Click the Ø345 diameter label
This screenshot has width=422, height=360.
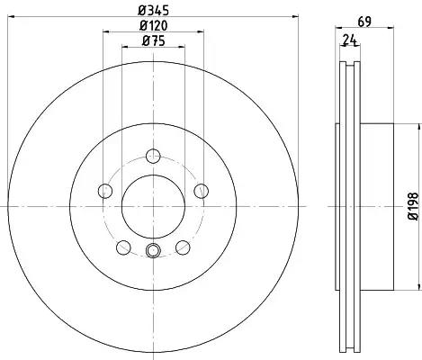click(x=153, y=11)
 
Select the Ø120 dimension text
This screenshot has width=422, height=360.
click(x=153, y=25)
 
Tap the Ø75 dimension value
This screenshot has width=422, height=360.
click(x=153, y=40)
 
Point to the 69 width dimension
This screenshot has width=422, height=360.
click(x=364, y=22)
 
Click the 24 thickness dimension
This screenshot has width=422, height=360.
click(x=350, y=40)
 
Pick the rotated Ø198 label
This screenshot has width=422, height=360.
click(x=413, y=206)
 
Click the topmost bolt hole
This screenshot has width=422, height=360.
click(x=153, y=156)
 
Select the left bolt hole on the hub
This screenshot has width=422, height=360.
click(x=105, y=191)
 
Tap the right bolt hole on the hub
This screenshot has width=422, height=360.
click(x=201, y=191)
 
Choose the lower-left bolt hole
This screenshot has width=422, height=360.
click(x=123, y=247)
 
